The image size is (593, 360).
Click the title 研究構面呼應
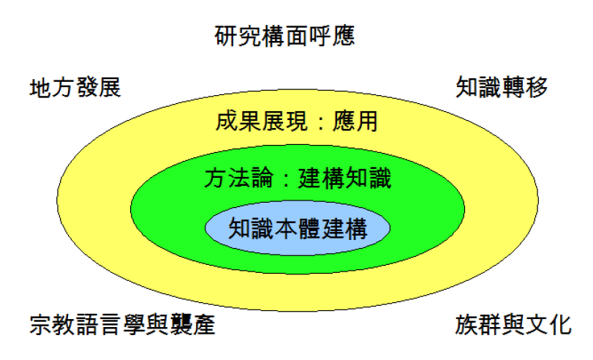285,36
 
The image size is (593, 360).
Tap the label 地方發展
75,89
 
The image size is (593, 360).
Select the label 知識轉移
502,87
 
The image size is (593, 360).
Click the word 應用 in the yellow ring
355,121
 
